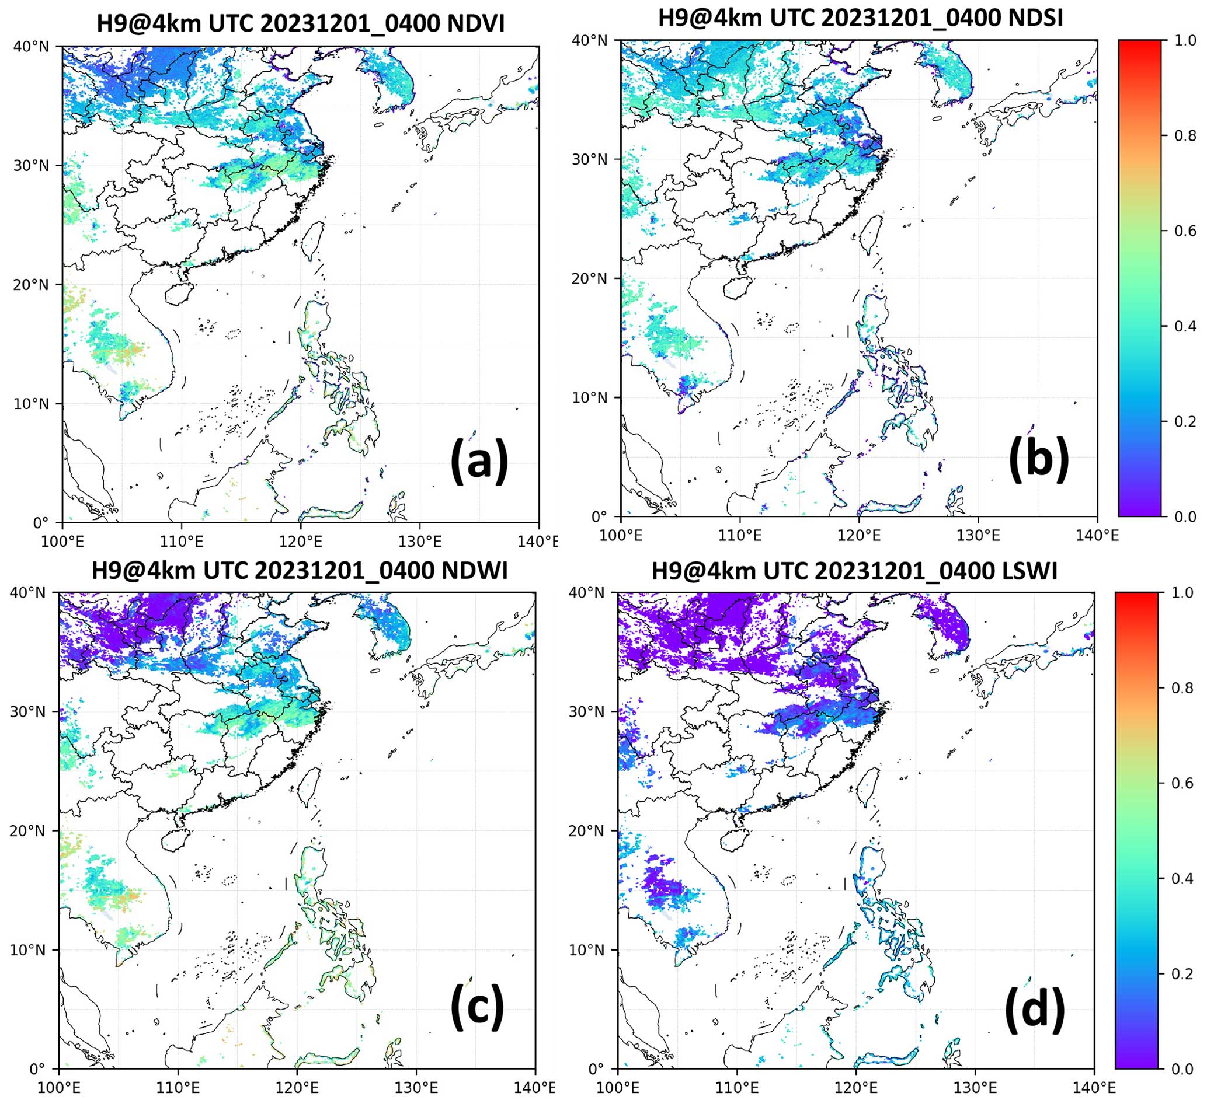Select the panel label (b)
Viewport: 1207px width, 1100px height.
(x=1039, y=459)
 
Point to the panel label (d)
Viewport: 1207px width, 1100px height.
(x=1035, y=1010)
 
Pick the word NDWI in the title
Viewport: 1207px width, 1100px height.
(x=474, y=571)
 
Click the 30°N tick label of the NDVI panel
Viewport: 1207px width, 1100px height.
(x=31, y=165)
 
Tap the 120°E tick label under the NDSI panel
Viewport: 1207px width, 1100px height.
(x=858, y=535)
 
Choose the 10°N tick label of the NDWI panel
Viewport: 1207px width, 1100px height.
(x=28, y=950)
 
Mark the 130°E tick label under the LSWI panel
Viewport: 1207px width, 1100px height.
(x=975, y=1087)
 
